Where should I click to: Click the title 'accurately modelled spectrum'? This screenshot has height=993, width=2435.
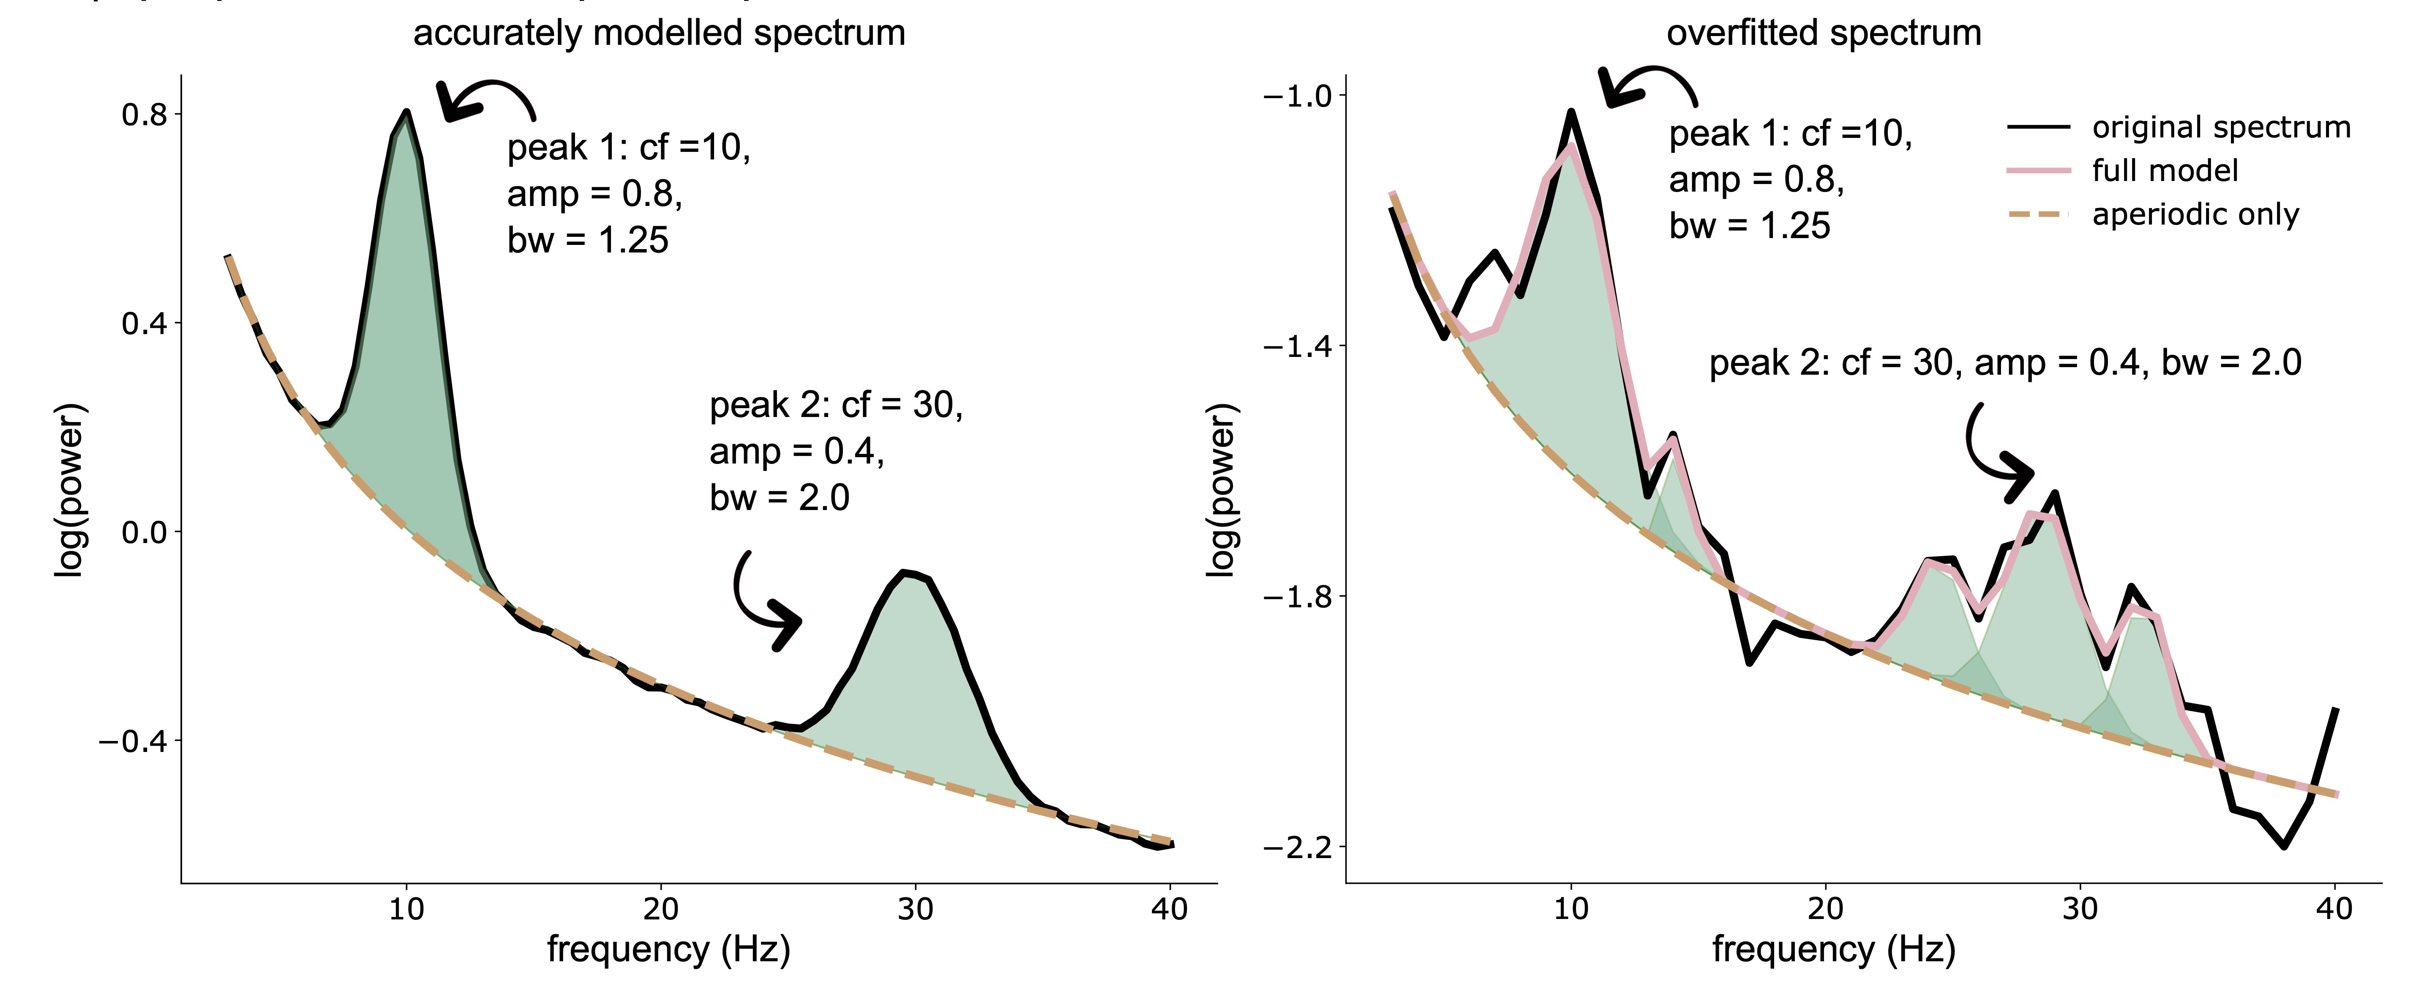pyautogui.click(x=659, y=33)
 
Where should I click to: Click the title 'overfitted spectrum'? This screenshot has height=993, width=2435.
pyautogui.click(x=1824, y=33)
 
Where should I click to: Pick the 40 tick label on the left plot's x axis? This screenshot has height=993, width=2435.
pyautogui.click(x=1170, y=910)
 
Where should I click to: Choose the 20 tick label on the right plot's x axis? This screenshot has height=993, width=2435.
pyautogui.click(x=1825, y=910)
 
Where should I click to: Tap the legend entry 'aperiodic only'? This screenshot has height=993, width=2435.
pyautogui.click(x=2195, y=215)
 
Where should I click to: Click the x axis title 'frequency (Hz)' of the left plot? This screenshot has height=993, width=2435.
pyautogui.click(x=668, y=949)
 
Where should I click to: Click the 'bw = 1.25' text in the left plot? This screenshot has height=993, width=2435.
pyautogui.click(x=587, y=240)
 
